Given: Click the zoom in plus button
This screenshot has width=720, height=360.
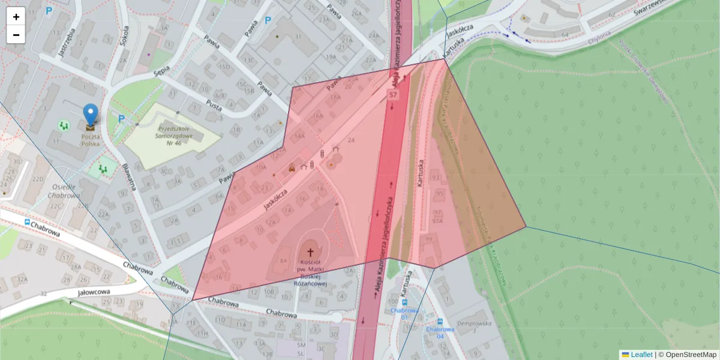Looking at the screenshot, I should (x=16, y=17).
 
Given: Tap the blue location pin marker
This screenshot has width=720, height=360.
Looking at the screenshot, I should (x=91, y=115).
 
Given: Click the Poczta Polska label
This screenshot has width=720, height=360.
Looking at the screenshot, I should (x=90, y=140).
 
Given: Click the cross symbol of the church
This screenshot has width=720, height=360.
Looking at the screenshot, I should (x=310, y=252).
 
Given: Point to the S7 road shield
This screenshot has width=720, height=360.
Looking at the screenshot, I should (x=393, y=95).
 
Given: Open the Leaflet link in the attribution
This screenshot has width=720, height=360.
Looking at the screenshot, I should (x=640, y=355).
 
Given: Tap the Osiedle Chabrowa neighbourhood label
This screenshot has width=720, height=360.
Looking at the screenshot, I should (x=64, y=190).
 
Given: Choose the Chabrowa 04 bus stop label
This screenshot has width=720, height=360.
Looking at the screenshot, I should (x=440, y=332).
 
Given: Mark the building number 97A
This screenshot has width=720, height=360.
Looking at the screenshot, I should (x=437, y=221).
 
